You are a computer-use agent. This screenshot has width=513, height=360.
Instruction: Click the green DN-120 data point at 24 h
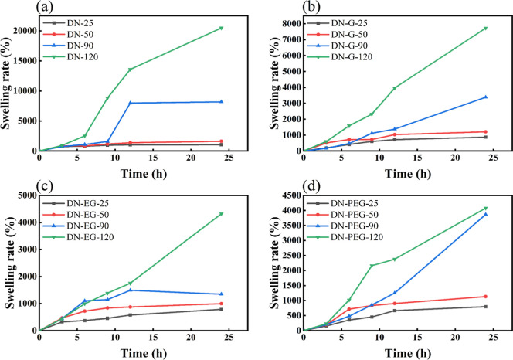click(x=222, y=28)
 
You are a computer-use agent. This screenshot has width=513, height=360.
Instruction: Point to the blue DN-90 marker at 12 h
click(x=131, y=103)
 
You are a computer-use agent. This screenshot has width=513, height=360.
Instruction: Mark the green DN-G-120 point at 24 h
click(x=485, y=29)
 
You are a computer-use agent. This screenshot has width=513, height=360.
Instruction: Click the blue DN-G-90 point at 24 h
click(x=485, y=97)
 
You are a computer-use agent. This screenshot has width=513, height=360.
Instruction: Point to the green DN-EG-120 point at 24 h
click(x=222, y=214)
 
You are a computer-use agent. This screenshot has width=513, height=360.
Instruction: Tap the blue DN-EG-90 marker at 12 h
click(x=131, y=290)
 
